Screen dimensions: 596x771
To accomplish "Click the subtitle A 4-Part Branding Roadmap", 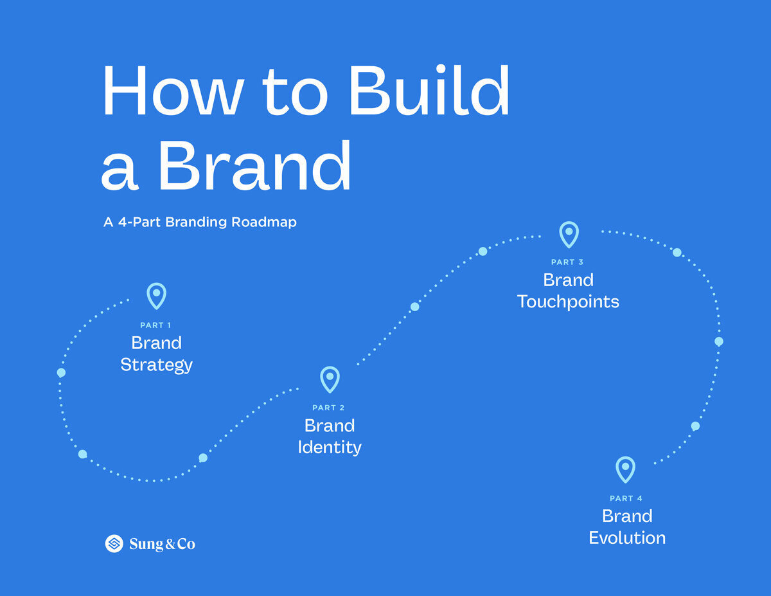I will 200,222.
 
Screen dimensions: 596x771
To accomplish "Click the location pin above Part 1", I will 156,295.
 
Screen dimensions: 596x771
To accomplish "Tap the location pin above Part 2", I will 330,379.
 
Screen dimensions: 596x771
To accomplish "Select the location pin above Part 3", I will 569,234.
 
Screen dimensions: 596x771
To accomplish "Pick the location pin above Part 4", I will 625,469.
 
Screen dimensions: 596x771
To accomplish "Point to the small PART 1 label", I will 155,325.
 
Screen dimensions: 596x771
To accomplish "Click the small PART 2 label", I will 328,408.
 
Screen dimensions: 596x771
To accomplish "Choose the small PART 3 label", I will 567,262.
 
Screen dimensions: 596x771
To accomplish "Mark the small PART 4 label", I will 626,498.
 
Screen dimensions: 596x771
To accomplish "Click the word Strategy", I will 156,365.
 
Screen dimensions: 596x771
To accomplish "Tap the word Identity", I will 330,447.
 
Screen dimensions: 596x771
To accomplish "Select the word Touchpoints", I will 568,302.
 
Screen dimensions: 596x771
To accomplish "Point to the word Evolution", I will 627,537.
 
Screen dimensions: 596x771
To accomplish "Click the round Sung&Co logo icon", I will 114,544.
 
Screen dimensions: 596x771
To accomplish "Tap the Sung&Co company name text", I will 162,544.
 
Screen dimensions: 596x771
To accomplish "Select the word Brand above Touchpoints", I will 568,280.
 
